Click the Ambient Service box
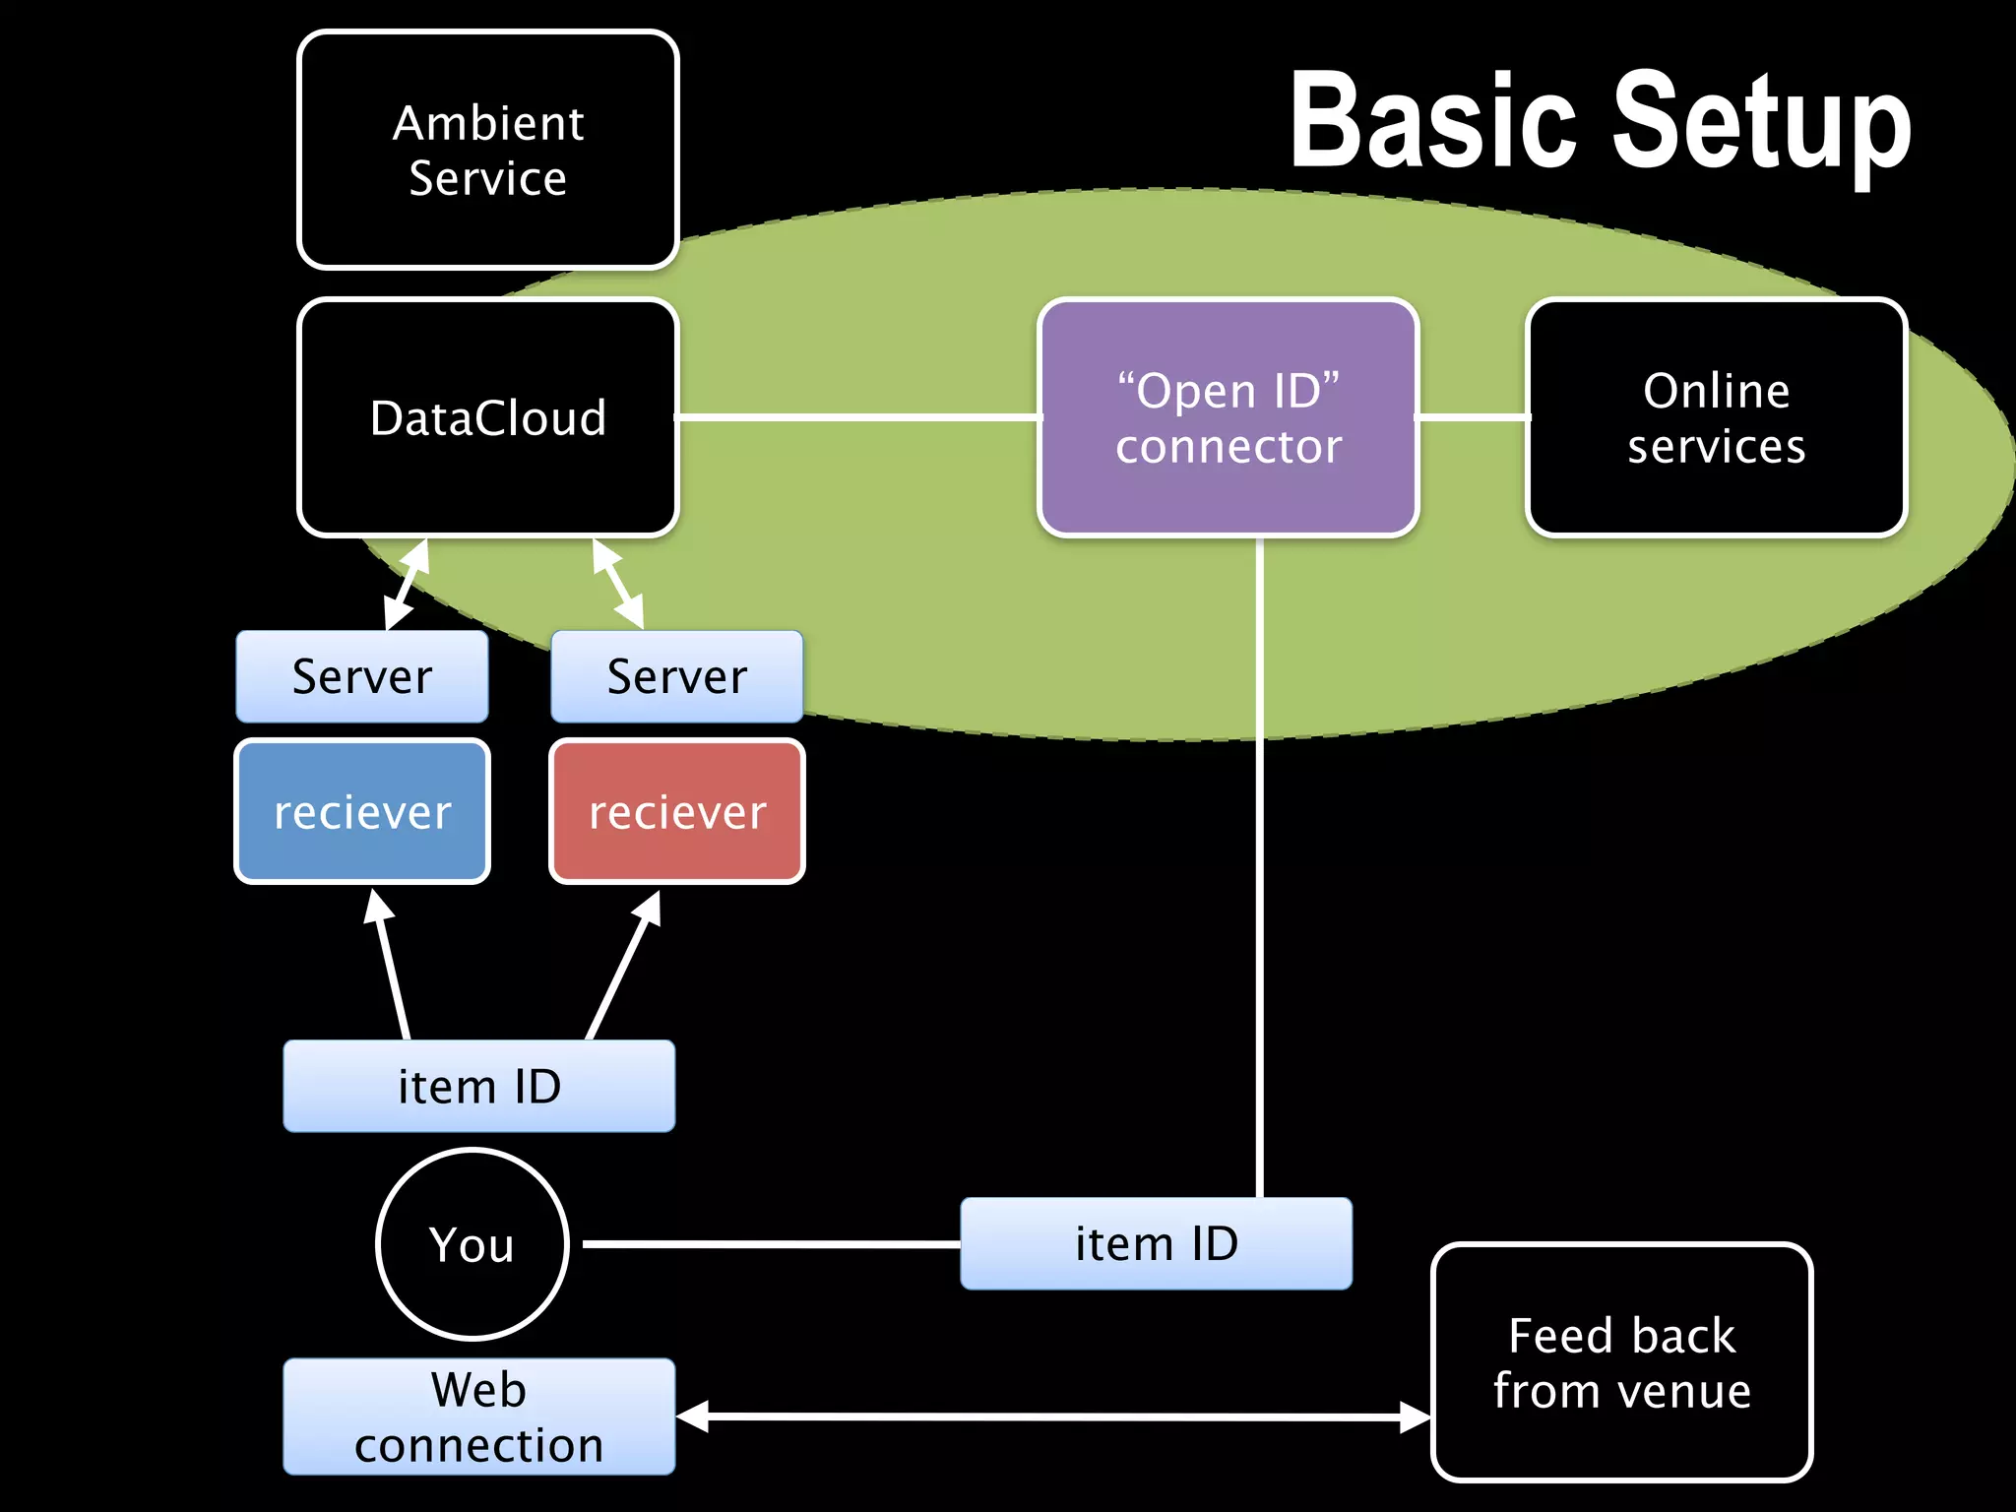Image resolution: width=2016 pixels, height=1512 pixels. click(487, 150)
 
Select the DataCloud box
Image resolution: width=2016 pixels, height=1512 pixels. click(487, 417)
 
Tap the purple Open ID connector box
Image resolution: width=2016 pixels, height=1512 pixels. click(1228, 417)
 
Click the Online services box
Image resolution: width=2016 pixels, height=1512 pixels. click(1716, 417)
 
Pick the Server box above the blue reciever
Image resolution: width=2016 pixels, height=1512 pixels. click(361, 676)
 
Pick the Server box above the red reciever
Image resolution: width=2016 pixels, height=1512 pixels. click(676, 676)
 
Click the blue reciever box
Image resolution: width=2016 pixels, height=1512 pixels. click(361, 811)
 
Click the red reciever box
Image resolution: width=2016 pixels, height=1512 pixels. click(676, 811)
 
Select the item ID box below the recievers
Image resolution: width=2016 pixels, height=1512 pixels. click(478, 1086)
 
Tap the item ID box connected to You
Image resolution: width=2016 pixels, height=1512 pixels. click(1156, 1243)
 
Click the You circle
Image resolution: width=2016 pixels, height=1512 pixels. click(472, 1244)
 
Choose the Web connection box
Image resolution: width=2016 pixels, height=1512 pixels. click(478, 1417)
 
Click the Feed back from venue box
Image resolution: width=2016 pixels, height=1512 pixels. click(1621, 1362)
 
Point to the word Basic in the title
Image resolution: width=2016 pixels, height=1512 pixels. click(1432, 123)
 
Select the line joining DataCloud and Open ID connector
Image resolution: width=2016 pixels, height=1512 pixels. click(856, 417)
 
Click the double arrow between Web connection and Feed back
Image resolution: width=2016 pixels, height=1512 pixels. click(1053, 1417)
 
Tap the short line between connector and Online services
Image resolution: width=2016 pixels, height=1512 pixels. click(1473, 417)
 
